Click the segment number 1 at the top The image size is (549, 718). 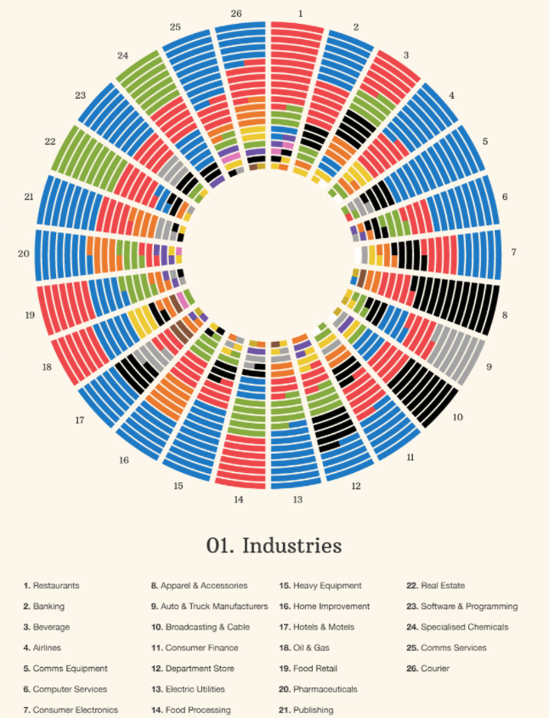(x=300, y=14)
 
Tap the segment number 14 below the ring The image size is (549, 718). (x=239, y=499)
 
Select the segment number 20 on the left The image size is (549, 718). (x=23, y=254)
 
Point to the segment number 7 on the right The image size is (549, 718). (x=514, y=254)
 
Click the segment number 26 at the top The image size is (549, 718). (x=236, y=14)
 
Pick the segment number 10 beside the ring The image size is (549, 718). (x=457, y=417)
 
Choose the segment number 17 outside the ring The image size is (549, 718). (x=79, y=420)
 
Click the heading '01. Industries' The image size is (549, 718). (x=274, y=545)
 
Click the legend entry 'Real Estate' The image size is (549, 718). (x=442, y=585)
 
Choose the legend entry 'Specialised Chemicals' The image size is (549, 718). (x=464, y=627)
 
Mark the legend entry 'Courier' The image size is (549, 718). (x=435, y=669)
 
